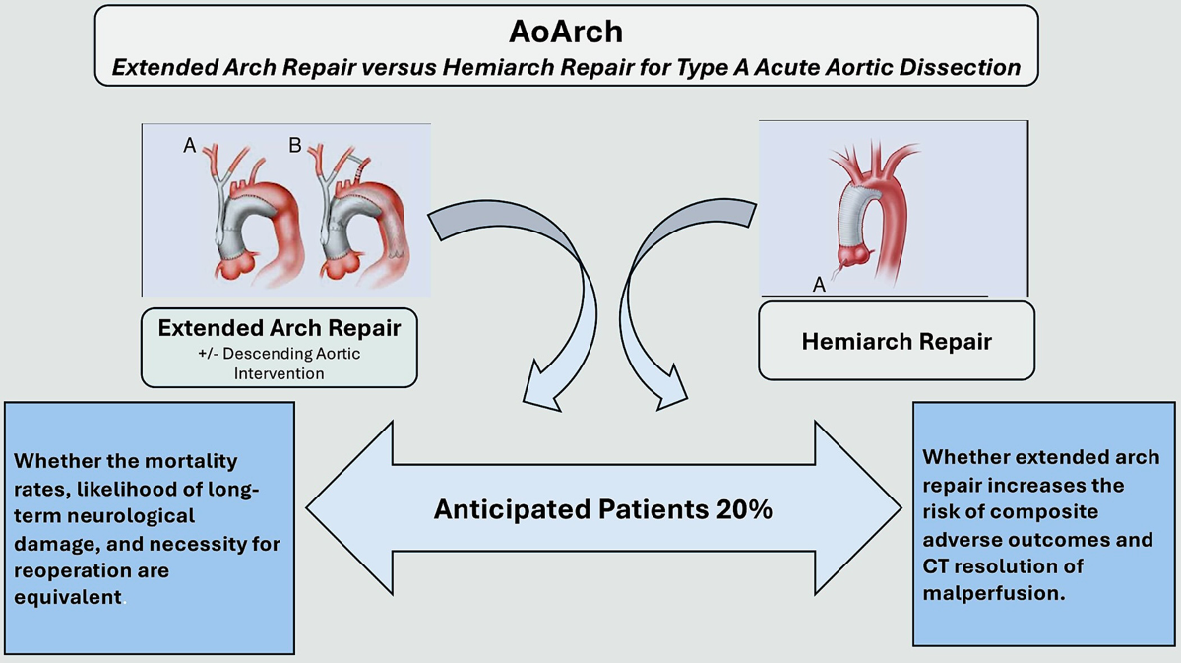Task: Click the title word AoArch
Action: tap(566, 32)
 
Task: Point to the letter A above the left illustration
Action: tap(189, 146)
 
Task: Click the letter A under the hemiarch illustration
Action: tap(818, 285)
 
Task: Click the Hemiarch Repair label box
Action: tap(896, 341)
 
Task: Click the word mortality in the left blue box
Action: tap(197, 462)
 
